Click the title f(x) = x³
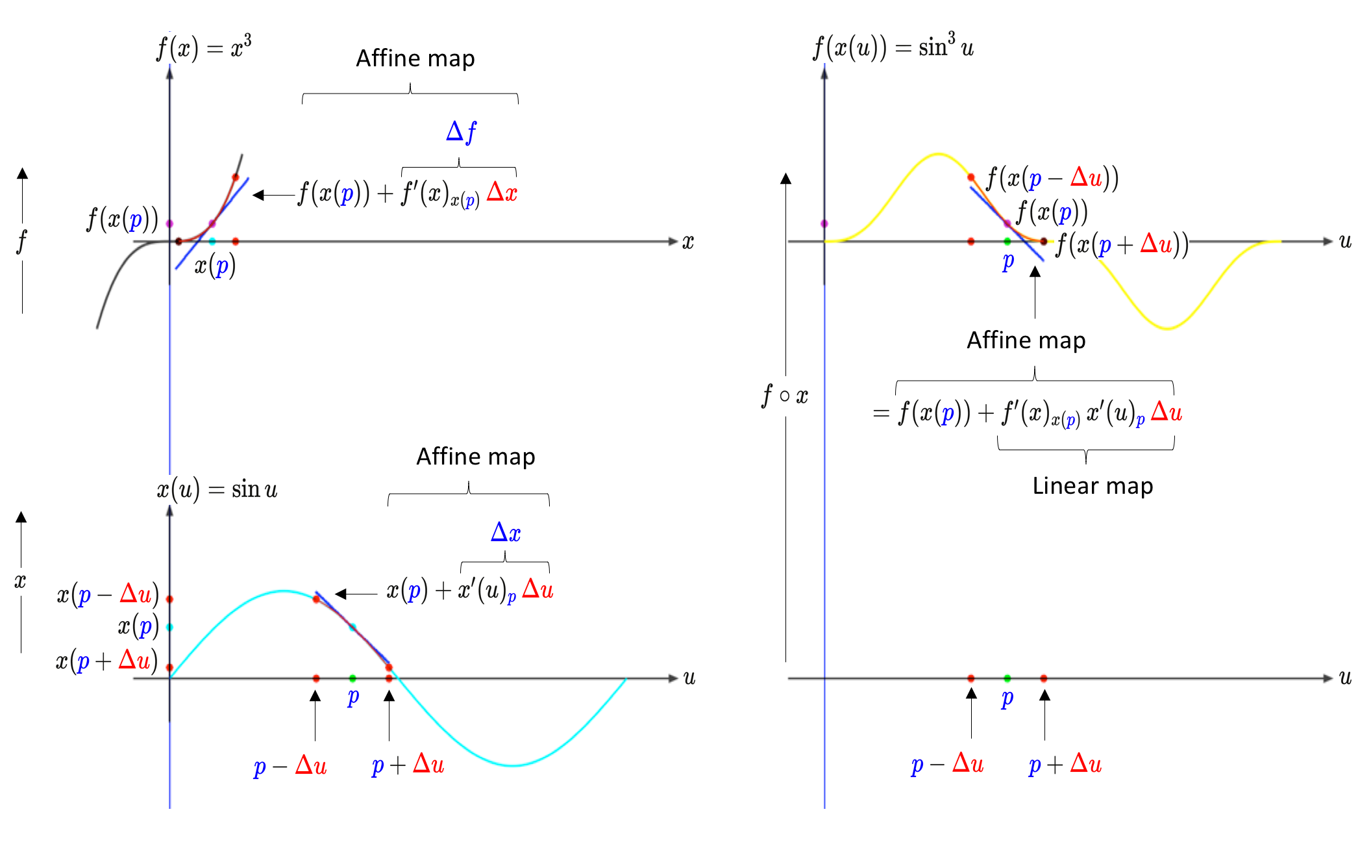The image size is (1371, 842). tap(204, 47)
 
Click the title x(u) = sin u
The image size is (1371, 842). tap(217, 489)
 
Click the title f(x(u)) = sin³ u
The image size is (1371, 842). tap(893, 47)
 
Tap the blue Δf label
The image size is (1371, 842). tap(461, 132)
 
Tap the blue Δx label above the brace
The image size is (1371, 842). tap(506, 533)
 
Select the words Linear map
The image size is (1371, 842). tap(1093, 486)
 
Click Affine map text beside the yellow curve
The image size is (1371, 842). tap(1026, 340)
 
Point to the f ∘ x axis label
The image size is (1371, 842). tap(785, 395)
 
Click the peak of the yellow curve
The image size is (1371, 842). tap(938, 154)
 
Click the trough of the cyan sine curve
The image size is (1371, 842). tap(513, 765)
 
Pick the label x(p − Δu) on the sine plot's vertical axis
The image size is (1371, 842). tap(108, 594)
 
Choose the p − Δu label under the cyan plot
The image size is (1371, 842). tap(290, 765)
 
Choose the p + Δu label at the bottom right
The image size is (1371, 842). tap(1065, 764)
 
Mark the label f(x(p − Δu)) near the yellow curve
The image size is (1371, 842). tap(1052, 178)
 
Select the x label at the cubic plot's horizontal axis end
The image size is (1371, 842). tap(688, 242)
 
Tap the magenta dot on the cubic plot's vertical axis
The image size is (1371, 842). tap(170, 223)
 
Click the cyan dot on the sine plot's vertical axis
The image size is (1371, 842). tap(170, 627)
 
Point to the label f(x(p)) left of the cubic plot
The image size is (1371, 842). tap(123, 220)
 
